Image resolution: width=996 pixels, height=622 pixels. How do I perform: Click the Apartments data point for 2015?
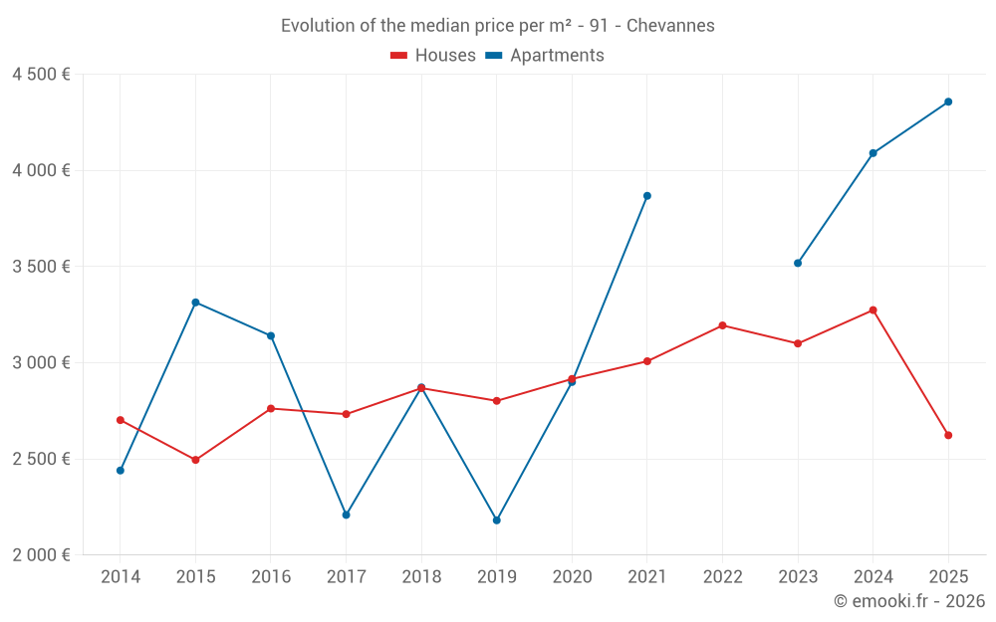[195, 303]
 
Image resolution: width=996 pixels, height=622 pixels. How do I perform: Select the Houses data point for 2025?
[948, 435]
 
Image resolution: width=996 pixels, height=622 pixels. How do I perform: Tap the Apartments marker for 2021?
[647, 196]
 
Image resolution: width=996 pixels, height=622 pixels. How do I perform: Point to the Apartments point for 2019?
[497, 520]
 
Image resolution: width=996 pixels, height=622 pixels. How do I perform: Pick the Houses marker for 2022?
[723, 325]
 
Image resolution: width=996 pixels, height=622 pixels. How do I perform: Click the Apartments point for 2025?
[948, 102]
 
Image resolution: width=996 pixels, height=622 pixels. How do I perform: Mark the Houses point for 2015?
[195, 460]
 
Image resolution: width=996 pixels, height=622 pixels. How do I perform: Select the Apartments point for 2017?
[346, 515]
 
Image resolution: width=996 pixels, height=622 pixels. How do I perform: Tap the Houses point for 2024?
[873, 311]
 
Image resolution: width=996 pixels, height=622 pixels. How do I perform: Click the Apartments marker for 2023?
[798, 263]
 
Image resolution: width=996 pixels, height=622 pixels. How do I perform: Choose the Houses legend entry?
[433, 56]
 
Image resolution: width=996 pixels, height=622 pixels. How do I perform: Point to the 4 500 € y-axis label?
[41, 75]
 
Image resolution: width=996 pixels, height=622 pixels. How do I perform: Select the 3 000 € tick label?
[41, 363]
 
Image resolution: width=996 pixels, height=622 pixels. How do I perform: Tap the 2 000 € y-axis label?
[41, 555]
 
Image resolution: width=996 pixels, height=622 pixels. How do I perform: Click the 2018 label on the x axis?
[421, 576]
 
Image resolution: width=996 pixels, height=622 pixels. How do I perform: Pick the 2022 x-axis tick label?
[723, 576]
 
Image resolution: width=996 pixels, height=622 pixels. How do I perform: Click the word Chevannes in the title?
[670, 26]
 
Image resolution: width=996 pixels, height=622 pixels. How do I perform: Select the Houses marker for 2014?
[121, 420]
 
